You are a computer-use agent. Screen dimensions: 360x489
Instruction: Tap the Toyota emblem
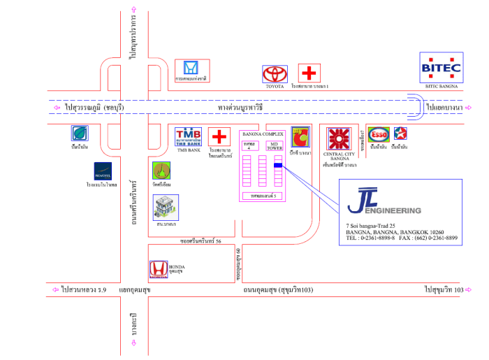[x=275, y=73]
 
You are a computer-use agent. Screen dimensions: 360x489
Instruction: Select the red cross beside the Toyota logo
[x=307, y=73]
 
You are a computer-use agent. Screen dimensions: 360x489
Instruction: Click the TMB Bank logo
[x=189, y=136]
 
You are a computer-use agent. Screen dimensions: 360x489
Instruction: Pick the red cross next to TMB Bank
[x=220, y=136]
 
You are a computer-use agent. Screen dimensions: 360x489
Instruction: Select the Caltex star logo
[x=400, y=134]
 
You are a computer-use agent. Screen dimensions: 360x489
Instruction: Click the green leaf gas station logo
[x=80, y=134]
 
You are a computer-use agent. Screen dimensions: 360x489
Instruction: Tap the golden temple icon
[x=162, y=170]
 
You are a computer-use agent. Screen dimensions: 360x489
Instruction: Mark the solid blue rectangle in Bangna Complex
[x=278, y=166]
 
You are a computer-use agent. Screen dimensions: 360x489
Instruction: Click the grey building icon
[x=165, y=208]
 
